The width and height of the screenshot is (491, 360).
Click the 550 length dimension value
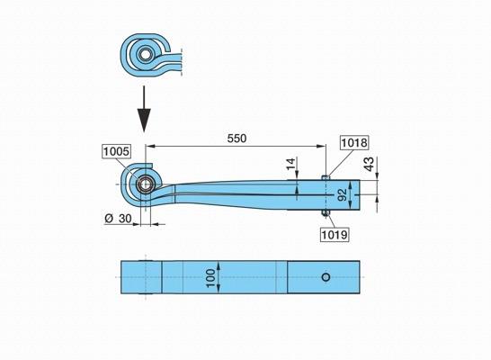click(237, 139)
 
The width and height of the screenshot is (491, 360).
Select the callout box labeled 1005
click(116, 151)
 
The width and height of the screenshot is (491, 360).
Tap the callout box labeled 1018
click(354, 143)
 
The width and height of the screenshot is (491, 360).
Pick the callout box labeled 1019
click(335, 235)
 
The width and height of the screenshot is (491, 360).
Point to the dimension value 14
click(290, 164)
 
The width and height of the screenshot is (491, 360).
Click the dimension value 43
click(370, 164)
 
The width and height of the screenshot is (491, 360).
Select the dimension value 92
click(343, 194)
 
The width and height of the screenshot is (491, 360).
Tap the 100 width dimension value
click(211, 278)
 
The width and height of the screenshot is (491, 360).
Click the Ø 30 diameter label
click(118, 219)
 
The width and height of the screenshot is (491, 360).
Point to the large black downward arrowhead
click(144, 120)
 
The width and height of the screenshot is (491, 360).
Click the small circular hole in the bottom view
click(326, 277)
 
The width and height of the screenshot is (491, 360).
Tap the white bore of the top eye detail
click(145, 54)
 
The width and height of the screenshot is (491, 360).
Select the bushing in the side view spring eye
click(145, 184)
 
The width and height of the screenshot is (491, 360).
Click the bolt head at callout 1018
click(326, 177)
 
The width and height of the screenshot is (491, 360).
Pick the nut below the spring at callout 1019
click(326, 213)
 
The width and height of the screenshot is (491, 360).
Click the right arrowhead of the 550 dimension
click(321, 146)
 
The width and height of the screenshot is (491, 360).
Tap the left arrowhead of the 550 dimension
click(151, 146)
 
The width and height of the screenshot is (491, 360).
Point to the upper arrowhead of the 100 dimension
click(219, 265)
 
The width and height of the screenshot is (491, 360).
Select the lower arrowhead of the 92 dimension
click(350, 205)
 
